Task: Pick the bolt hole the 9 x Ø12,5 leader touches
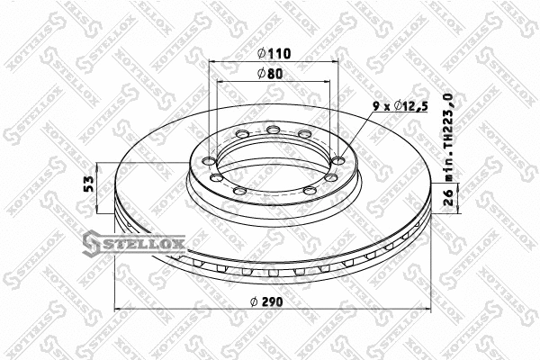[x=337, y=160]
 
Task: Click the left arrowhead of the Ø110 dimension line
[x=212, y=64]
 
